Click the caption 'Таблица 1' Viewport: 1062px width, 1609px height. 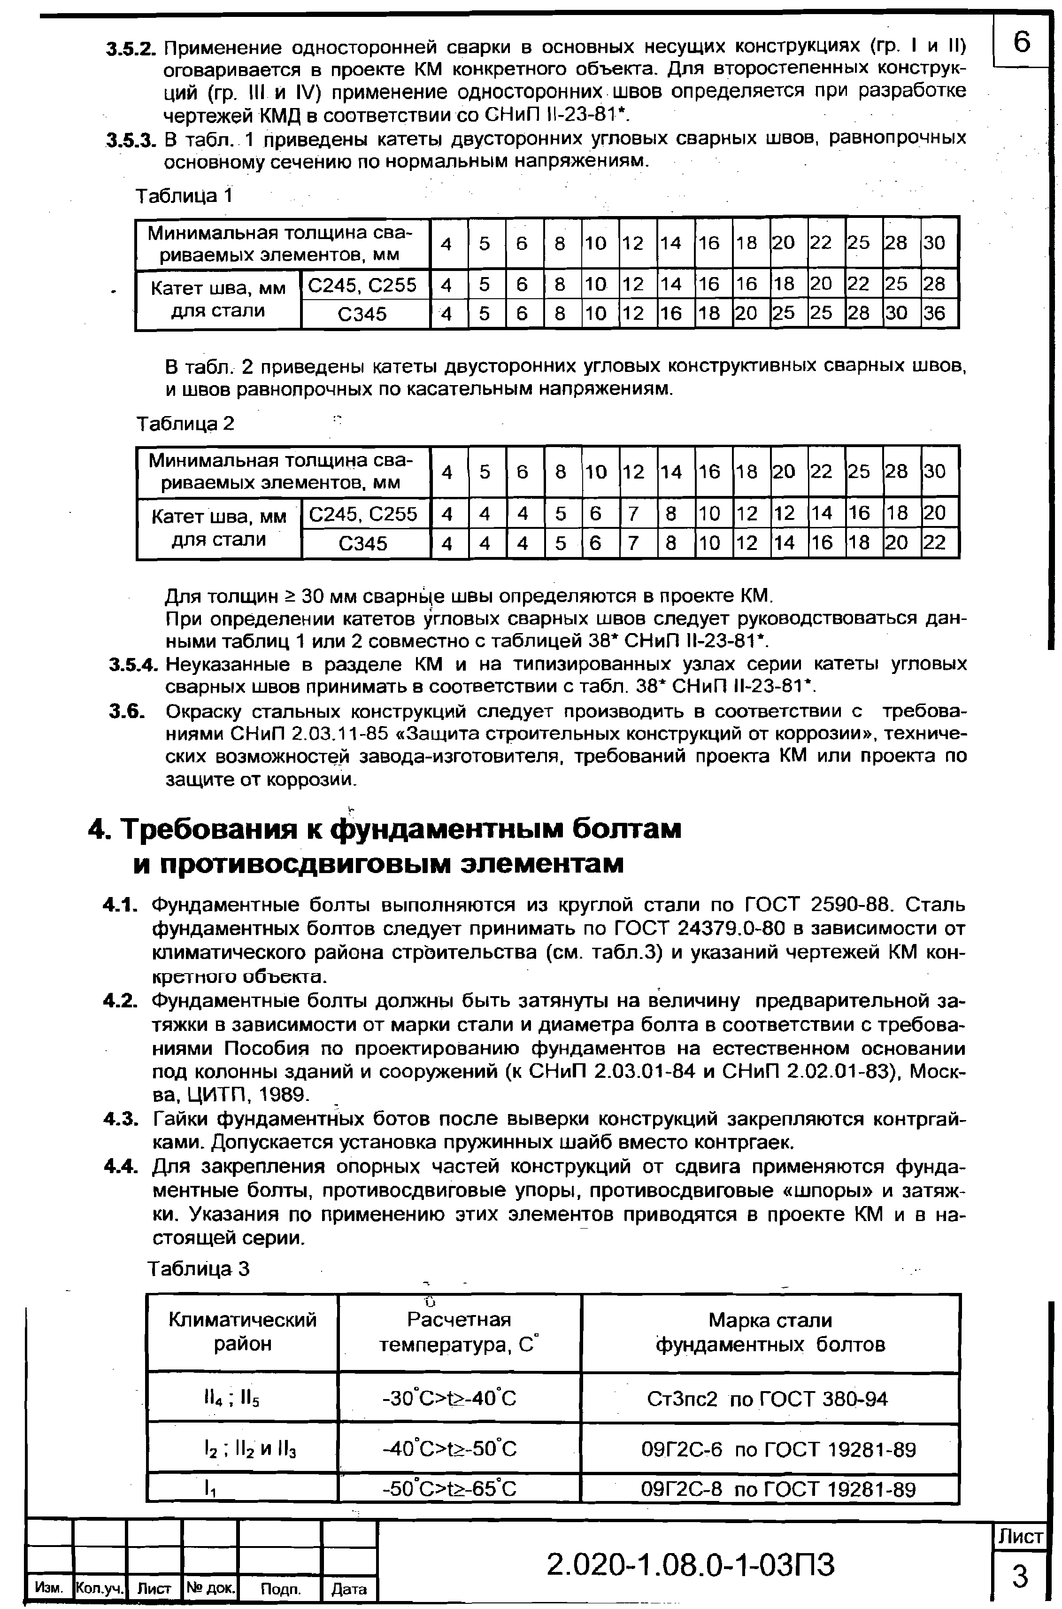(184, 196)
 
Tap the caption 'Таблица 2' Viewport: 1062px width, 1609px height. (185, 424)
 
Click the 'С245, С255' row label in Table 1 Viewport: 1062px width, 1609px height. (362, 285)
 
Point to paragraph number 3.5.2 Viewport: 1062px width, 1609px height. (131, 49)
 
